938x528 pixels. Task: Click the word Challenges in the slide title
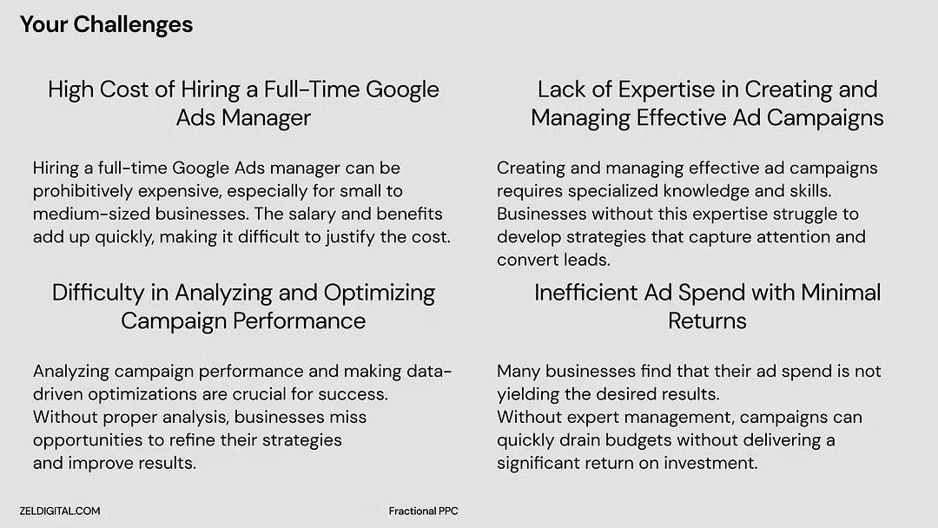133,25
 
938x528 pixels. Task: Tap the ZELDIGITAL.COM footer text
60,511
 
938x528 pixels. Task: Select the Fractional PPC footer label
424,511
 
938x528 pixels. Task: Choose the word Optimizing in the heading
380,294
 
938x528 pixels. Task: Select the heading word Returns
707,321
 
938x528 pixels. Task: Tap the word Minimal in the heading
841,293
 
